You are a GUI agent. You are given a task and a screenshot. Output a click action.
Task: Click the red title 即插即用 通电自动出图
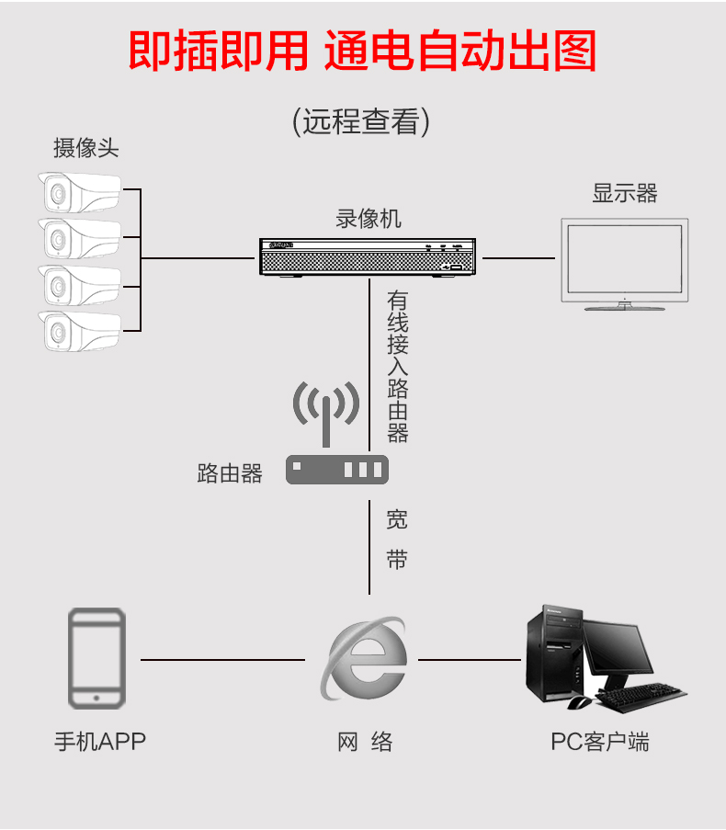click(362, 51)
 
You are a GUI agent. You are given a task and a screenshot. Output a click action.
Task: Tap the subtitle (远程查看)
click(361, 121)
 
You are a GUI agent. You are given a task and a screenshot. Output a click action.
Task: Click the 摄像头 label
click(85, 148)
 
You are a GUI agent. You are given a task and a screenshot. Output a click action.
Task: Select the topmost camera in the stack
click(79, 192)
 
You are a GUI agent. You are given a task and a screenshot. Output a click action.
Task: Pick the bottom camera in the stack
click(79, 332)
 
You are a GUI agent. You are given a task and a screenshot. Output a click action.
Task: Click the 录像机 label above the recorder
click(369, 219)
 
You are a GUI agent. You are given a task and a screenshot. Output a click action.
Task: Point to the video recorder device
click(368, 257)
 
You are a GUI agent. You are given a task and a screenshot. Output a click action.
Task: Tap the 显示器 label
click(624, 193)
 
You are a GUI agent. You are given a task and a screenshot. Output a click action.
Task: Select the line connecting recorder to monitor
click(518, 258)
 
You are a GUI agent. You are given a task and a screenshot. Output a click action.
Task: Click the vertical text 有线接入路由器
click(397, 367)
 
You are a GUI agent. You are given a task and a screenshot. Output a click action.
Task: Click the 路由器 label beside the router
click(230, 473)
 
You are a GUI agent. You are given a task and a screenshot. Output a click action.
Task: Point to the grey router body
click(337, 470)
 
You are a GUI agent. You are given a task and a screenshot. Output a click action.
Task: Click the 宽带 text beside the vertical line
click(397, 540)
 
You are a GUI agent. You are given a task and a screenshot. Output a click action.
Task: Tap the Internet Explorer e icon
click(364, 658)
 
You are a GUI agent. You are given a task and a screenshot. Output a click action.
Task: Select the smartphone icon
click(96, 658)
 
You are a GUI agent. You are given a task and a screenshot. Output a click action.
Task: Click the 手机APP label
click(100, 742)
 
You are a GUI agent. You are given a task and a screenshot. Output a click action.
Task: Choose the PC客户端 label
click(599, 742)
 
